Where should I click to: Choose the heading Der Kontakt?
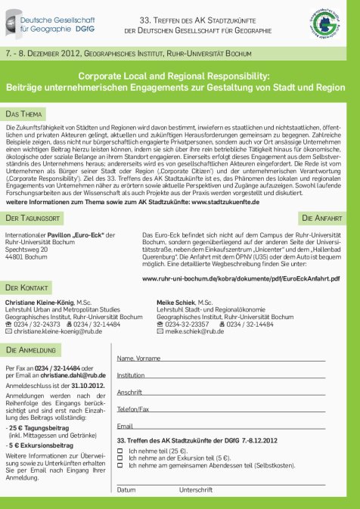click(x=28, y=288)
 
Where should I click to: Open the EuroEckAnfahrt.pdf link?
click(x=241, y=278)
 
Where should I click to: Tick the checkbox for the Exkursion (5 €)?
click(x=120, y=458)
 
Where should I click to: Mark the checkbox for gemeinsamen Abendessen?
click(x=120, y=465)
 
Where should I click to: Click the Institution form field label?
click(x=131, y=374)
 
